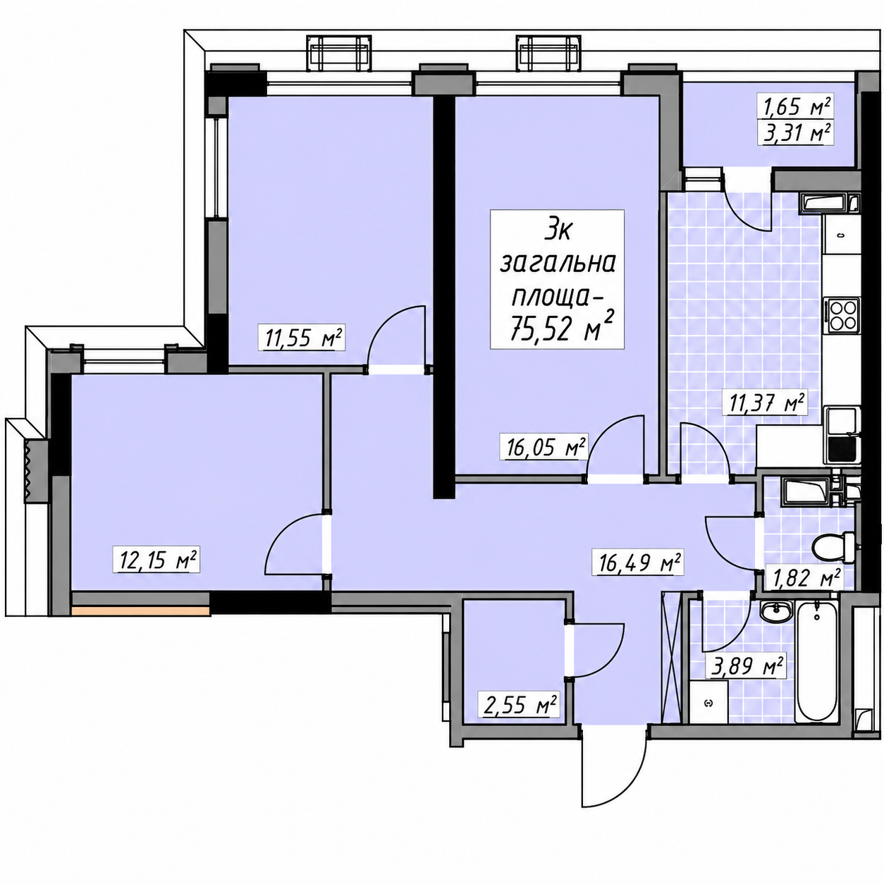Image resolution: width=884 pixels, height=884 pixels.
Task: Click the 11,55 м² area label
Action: point(304,338)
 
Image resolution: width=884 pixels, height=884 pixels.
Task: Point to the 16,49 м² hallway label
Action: point(640,563)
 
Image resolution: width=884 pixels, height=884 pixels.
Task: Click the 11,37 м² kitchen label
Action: point(765,403)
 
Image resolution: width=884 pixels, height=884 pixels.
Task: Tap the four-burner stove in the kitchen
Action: point(842,316)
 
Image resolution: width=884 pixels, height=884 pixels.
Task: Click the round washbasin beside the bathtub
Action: point(775,611)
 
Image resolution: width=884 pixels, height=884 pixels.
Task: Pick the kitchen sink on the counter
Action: point(843,435)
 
